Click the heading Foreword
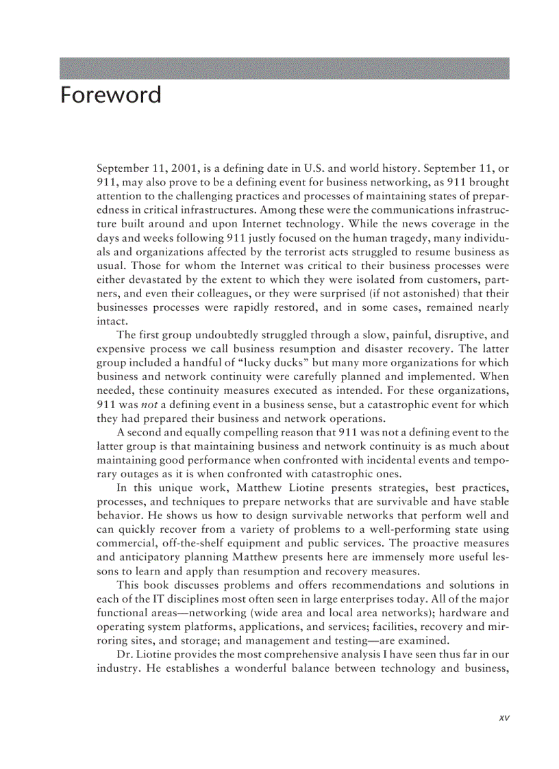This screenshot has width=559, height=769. pyautogui.click(x=110, y=94)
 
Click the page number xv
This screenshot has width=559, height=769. pyautogui.click(x=504, y=718)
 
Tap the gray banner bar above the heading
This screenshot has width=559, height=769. pyautogui.click(x=284, y=68)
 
